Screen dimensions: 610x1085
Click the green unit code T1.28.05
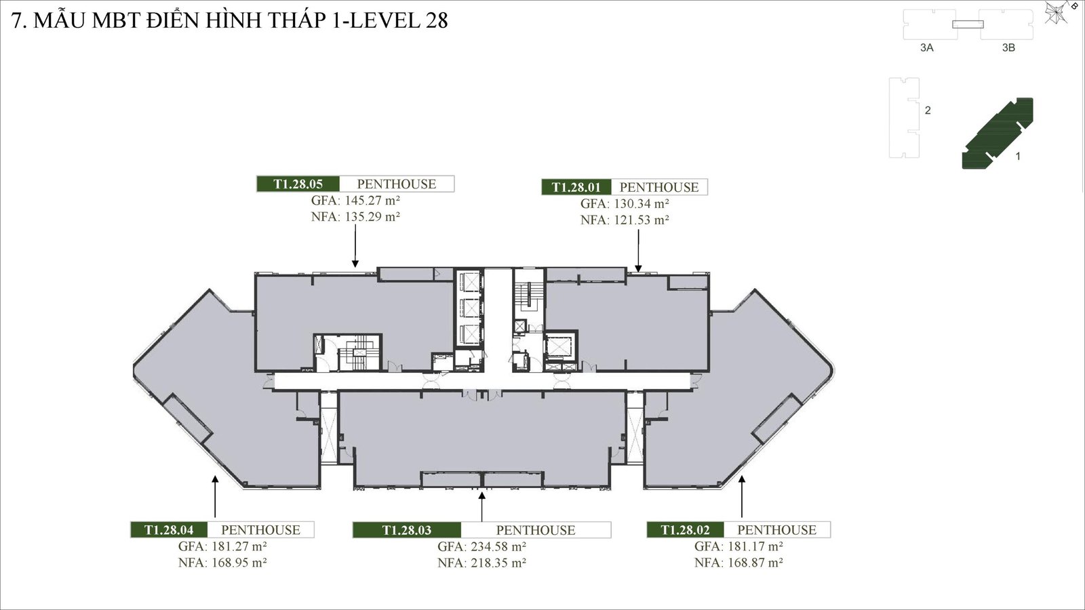tap(298, 184)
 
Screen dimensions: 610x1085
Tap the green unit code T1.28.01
tap(576, 187)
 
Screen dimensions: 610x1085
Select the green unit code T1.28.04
tap(169, 530)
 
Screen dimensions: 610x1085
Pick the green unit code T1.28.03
tap(407, 530)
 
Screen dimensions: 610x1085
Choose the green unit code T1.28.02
tap(685, 530)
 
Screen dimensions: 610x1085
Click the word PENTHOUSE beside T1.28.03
tap(535, 530)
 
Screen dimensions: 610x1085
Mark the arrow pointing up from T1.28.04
tap(215, 498)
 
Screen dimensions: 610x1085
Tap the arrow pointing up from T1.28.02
tap(742, 498)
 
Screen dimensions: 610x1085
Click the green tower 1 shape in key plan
tap(997, 132)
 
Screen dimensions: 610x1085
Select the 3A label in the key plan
tap(926, 48)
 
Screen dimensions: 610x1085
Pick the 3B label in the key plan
tap(1008, 48)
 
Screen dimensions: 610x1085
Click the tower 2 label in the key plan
tap(928, 110)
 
